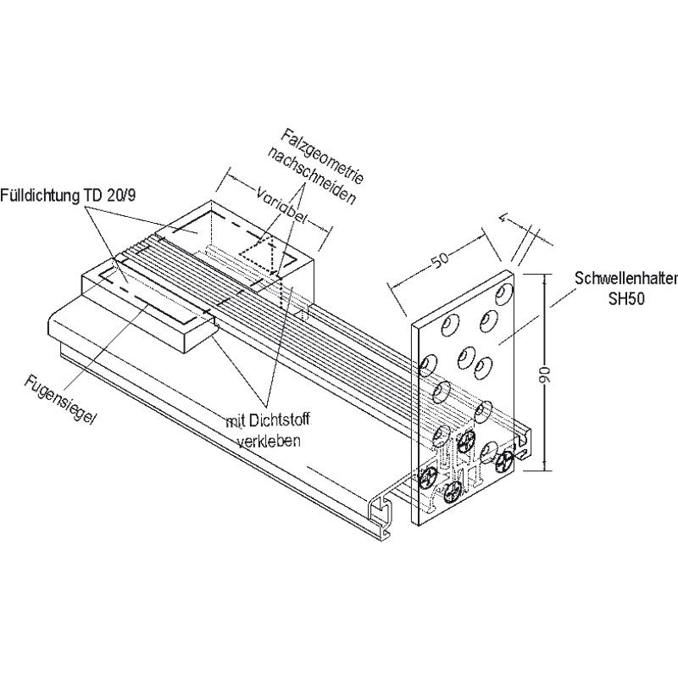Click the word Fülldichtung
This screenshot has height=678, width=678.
pos(40,194)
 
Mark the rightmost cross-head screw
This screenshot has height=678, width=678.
pos(506,462)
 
